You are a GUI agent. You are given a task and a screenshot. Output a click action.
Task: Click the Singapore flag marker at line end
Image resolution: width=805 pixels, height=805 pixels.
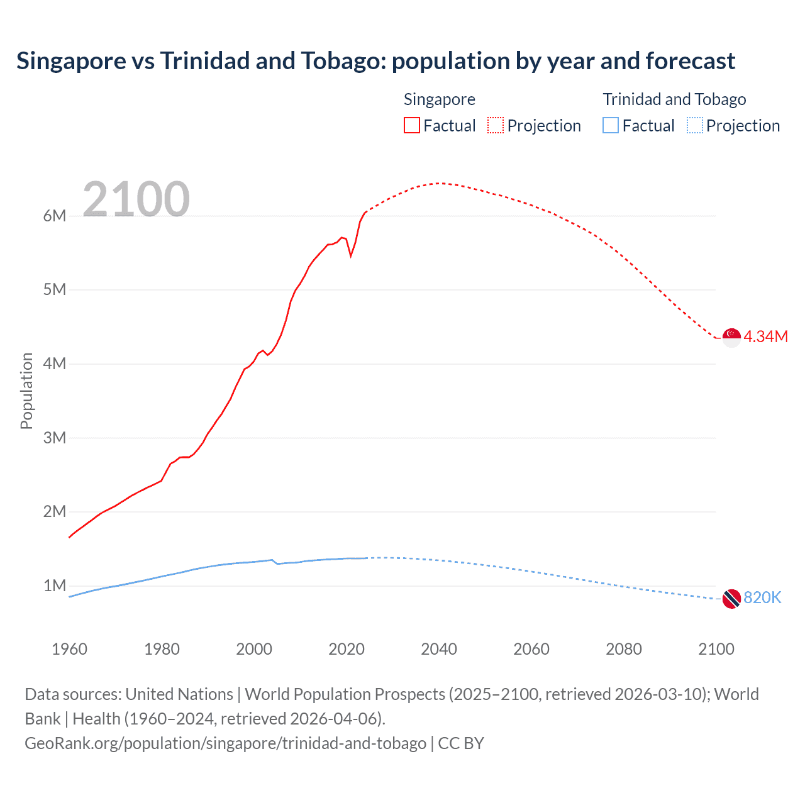[731, 337]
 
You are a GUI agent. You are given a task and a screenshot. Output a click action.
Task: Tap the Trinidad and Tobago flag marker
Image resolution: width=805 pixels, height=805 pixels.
[731, 599]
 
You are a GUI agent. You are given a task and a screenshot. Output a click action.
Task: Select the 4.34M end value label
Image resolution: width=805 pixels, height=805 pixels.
[765, 337]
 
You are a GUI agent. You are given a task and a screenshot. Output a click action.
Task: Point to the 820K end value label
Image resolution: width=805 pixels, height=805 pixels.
[762, 598]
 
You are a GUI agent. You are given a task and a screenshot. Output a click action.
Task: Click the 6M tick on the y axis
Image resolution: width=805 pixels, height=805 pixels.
[55, 216]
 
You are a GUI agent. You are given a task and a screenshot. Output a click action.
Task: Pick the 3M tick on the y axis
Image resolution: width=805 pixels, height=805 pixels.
[55, 438]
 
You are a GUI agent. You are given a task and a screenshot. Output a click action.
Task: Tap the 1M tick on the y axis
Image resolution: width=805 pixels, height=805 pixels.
[55, 586]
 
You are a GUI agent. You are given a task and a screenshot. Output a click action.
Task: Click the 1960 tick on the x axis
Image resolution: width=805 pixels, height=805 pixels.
[69, 649]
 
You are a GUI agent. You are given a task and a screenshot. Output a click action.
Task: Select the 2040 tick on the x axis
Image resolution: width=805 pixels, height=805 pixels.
[439, 649]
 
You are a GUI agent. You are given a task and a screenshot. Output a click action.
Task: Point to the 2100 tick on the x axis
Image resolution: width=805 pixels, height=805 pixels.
[716, 649]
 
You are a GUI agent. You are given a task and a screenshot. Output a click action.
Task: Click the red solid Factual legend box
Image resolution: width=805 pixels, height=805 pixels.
[412, 126]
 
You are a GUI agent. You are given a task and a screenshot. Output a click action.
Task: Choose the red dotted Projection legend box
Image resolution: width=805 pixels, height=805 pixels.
[496, 126]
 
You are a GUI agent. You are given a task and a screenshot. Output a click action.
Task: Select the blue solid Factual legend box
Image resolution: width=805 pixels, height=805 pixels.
[611, 126]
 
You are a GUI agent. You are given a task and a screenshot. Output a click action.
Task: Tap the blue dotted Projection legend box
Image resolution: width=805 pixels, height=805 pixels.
[695, 126]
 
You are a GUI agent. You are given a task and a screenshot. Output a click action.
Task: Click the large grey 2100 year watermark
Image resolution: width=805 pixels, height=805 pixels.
[136, 199]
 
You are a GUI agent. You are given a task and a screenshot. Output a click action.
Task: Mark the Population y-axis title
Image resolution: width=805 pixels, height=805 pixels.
[26, 391]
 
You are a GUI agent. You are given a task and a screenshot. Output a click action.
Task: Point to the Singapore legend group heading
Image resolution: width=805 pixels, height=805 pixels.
[439, 99]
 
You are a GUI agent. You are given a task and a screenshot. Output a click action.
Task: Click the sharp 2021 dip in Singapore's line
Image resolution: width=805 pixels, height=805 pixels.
[351, 256]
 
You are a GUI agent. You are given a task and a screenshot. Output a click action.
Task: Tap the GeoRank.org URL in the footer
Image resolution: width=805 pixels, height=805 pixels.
[225, 743]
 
